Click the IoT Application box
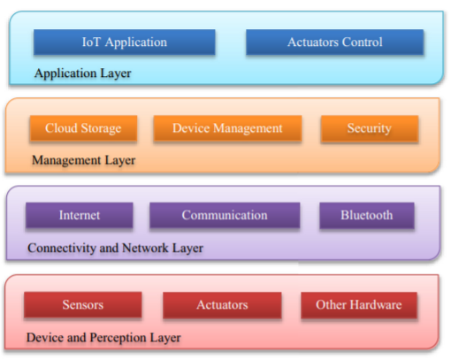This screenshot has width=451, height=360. click(125, 42)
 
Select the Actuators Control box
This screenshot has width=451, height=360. click(335, 42)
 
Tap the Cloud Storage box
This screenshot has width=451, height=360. click(83, 128)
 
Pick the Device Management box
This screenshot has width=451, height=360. click(227, 128)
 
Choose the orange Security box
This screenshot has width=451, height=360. click(370, 128)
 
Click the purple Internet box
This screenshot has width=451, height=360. click(80, 215)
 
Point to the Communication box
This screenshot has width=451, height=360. click(225, 215)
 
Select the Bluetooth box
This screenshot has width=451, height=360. click(367, 215)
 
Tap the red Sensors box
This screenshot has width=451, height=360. click(83, 304)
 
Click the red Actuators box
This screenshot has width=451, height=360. click(222, 305)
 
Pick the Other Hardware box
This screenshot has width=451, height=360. click(359, 305)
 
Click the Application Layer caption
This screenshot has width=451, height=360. click(83, 73)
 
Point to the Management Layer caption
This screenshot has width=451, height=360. click(84, 160)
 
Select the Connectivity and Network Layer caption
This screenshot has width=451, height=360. click(115, 249)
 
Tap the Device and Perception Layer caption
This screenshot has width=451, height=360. click(103, 338)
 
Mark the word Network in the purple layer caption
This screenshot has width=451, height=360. click(145, 248)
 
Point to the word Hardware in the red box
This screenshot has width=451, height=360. click(376, 304)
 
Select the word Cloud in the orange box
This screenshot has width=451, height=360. click(61, 128)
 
